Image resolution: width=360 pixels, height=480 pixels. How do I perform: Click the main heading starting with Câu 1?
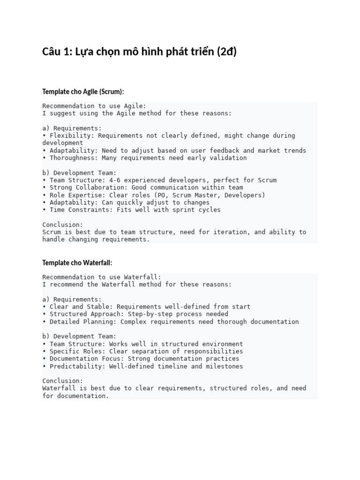(139, 52)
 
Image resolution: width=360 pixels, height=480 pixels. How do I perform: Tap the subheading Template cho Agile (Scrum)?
(83, 91)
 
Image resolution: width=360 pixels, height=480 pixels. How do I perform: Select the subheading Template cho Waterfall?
(77, 262)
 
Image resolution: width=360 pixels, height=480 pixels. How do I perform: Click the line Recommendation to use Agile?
(94, 106)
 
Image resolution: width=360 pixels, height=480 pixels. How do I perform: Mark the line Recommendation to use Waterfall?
(102, 277)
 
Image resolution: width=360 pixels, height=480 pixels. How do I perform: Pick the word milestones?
(225, 366)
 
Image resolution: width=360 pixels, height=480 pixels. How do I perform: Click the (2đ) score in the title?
(227, 52)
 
